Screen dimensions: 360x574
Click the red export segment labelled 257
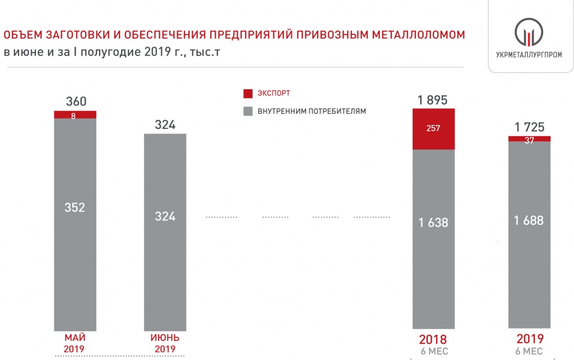pyautogui.click(x=433, y=129)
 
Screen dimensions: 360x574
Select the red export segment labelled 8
pyautogui.click(x=75, y=115)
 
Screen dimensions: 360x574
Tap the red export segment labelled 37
pyautogui.click(x=529, y=139)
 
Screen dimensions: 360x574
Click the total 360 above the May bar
pyautogui.click(x=76, y=101)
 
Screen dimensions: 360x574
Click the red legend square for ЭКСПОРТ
pyautogui.click(x=248, y=93)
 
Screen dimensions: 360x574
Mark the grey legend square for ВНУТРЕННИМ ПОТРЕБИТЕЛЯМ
pyautogui.click(x=248, y=111)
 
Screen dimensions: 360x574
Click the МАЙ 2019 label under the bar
pyautogui.click(x=75, y=343)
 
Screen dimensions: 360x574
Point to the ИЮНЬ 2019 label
pyautogui.click(x=165, y=343)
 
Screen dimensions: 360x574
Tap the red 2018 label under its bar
pyautogui.click(x=433, y=340)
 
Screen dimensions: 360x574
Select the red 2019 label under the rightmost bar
pyautogui.click(x=529, y=339)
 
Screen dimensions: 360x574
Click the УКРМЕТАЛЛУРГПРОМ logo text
pyautogui.click(x=529, y=54)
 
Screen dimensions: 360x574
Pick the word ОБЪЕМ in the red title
pyautogui.click(x=22, y=35)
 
